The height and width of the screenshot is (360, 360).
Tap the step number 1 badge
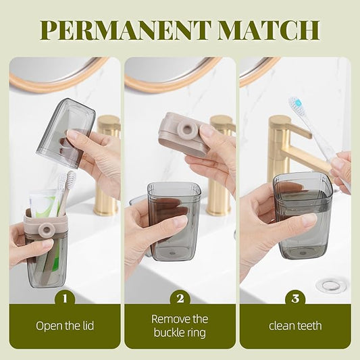coord(65,298)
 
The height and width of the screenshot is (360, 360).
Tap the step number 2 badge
coord(180,298)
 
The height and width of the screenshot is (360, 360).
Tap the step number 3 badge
coord(295,298)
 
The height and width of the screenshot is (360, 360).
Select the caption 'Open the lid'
coord(65,326)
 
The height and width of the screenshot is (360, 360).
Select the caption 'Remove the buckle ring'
coord(180,326)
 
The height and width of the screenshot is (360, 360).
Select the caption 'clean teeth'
coord(295,326)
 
